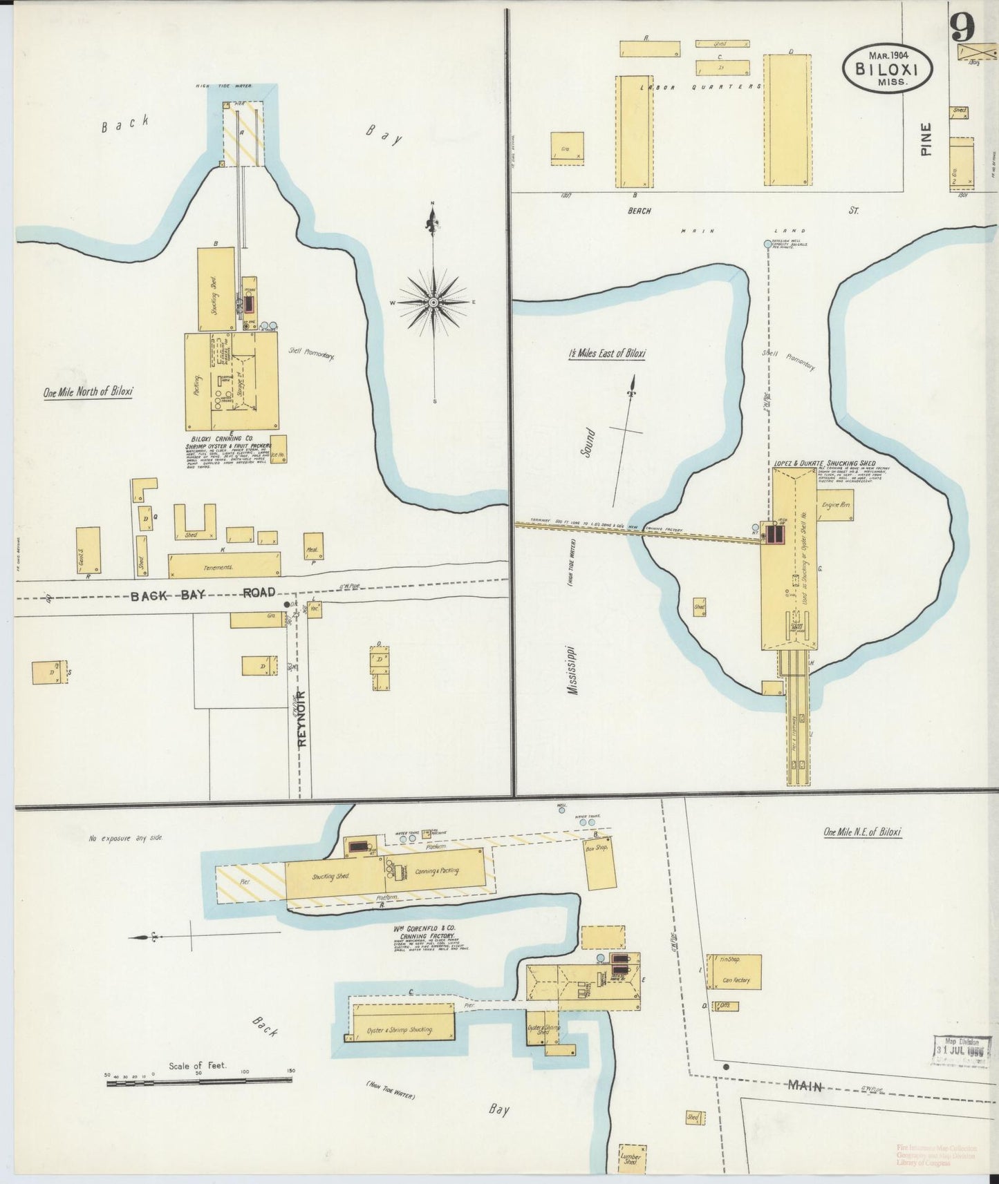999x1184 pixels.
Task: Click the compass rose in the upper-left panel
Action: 433,303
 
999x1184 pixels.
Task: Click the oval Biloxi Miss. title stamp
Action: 886,68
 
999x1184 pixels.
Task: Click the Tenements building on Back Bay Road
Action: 225,565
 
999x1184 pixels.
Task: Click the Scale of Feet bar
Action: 198,1083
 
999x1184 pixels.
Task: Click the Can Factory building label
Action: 736,980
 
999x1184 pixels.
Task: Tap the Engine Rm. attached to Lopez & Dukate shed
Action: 835,506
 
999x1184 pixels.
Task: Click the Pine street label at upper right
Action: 926,139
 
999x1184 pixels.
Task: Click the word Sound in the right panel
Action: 589,443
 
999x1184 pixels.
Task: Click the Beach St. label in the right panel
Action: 740,210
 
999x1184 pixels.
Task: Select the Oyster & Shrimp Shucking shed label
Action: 402,1029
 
